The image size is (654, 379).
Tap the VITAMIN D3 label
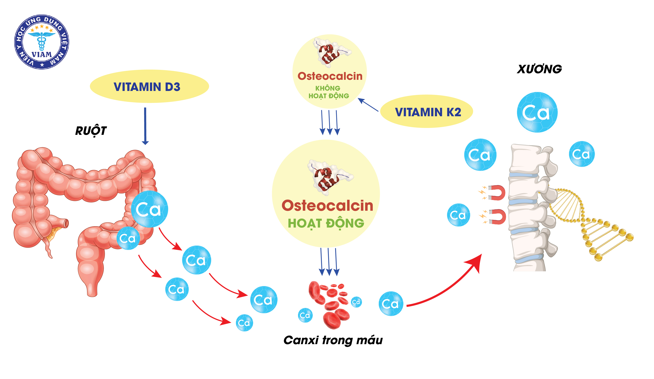147,87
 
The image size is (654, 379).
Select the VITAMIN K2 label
428,112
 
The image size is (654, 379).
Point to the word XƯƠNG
539,69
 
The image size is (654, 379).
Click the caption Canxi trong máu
333,340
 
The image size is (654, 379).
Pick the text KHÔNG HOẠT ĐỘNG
329,92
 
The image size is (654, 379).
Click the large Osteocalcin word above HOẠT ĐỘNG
327,206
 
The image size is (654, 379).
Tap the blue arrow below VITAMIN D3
145,126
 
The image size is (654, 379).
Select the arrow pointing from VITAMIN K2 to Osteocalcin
368,105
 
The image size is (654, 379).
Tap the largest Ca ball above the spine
537,112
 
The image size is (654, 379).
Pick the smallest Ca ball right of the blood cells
356,302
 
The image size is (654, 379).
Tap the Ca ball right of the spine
582,154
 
